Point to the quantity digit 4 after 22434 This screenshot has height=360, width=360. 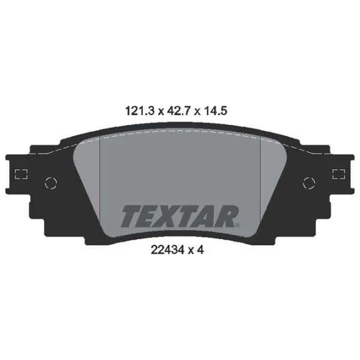(x=202, y=252)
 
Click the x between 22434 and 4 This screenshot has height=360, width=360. (x=191, y=253)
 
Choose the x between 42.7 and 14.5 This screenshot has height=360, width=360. (x=199, y=112)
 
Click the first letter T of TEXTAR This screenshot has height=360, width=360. (x=132, y=216)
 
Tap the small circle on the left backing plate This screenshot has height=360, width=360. (x=52, y=181)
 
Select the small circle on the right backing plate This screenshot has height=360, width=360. (x=308, y=181)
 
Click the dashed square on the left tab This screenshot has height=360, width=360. (x=22, y=175)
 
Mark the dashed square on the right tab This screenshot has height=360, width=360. (x=338, y=175)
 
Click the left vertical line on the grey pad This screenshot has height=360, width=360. (x=98, y=180)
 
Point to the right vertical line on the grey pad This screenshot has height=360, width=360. (x=259, y=180)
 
